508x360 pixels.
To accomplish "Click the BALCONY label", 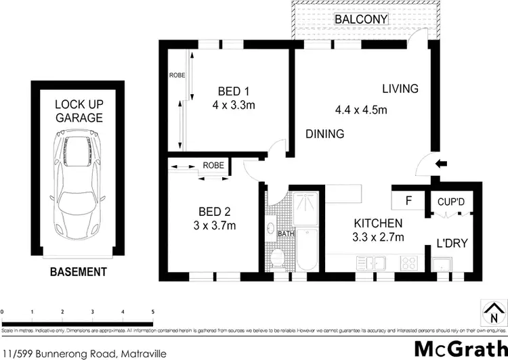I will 361,20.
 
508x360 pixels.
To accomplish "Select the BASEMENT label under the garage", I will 79,272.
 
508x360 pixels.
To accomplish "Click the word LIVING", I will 400,89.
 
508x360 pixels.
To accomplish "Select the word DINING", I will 324,134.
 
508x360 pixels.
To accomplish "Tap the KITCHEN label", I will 378,223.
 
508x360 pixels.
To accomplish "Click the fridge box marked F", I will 408,201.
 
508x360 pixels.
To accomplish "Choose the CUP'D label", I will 450,202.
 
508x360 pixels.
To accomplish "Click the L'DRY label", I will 451,242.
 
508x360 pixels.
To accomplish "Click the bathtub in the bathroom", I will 308,250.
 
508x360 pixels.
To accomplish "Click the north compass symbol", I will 492,313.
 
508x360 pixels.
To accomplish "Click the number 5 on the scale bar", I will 153,312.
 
